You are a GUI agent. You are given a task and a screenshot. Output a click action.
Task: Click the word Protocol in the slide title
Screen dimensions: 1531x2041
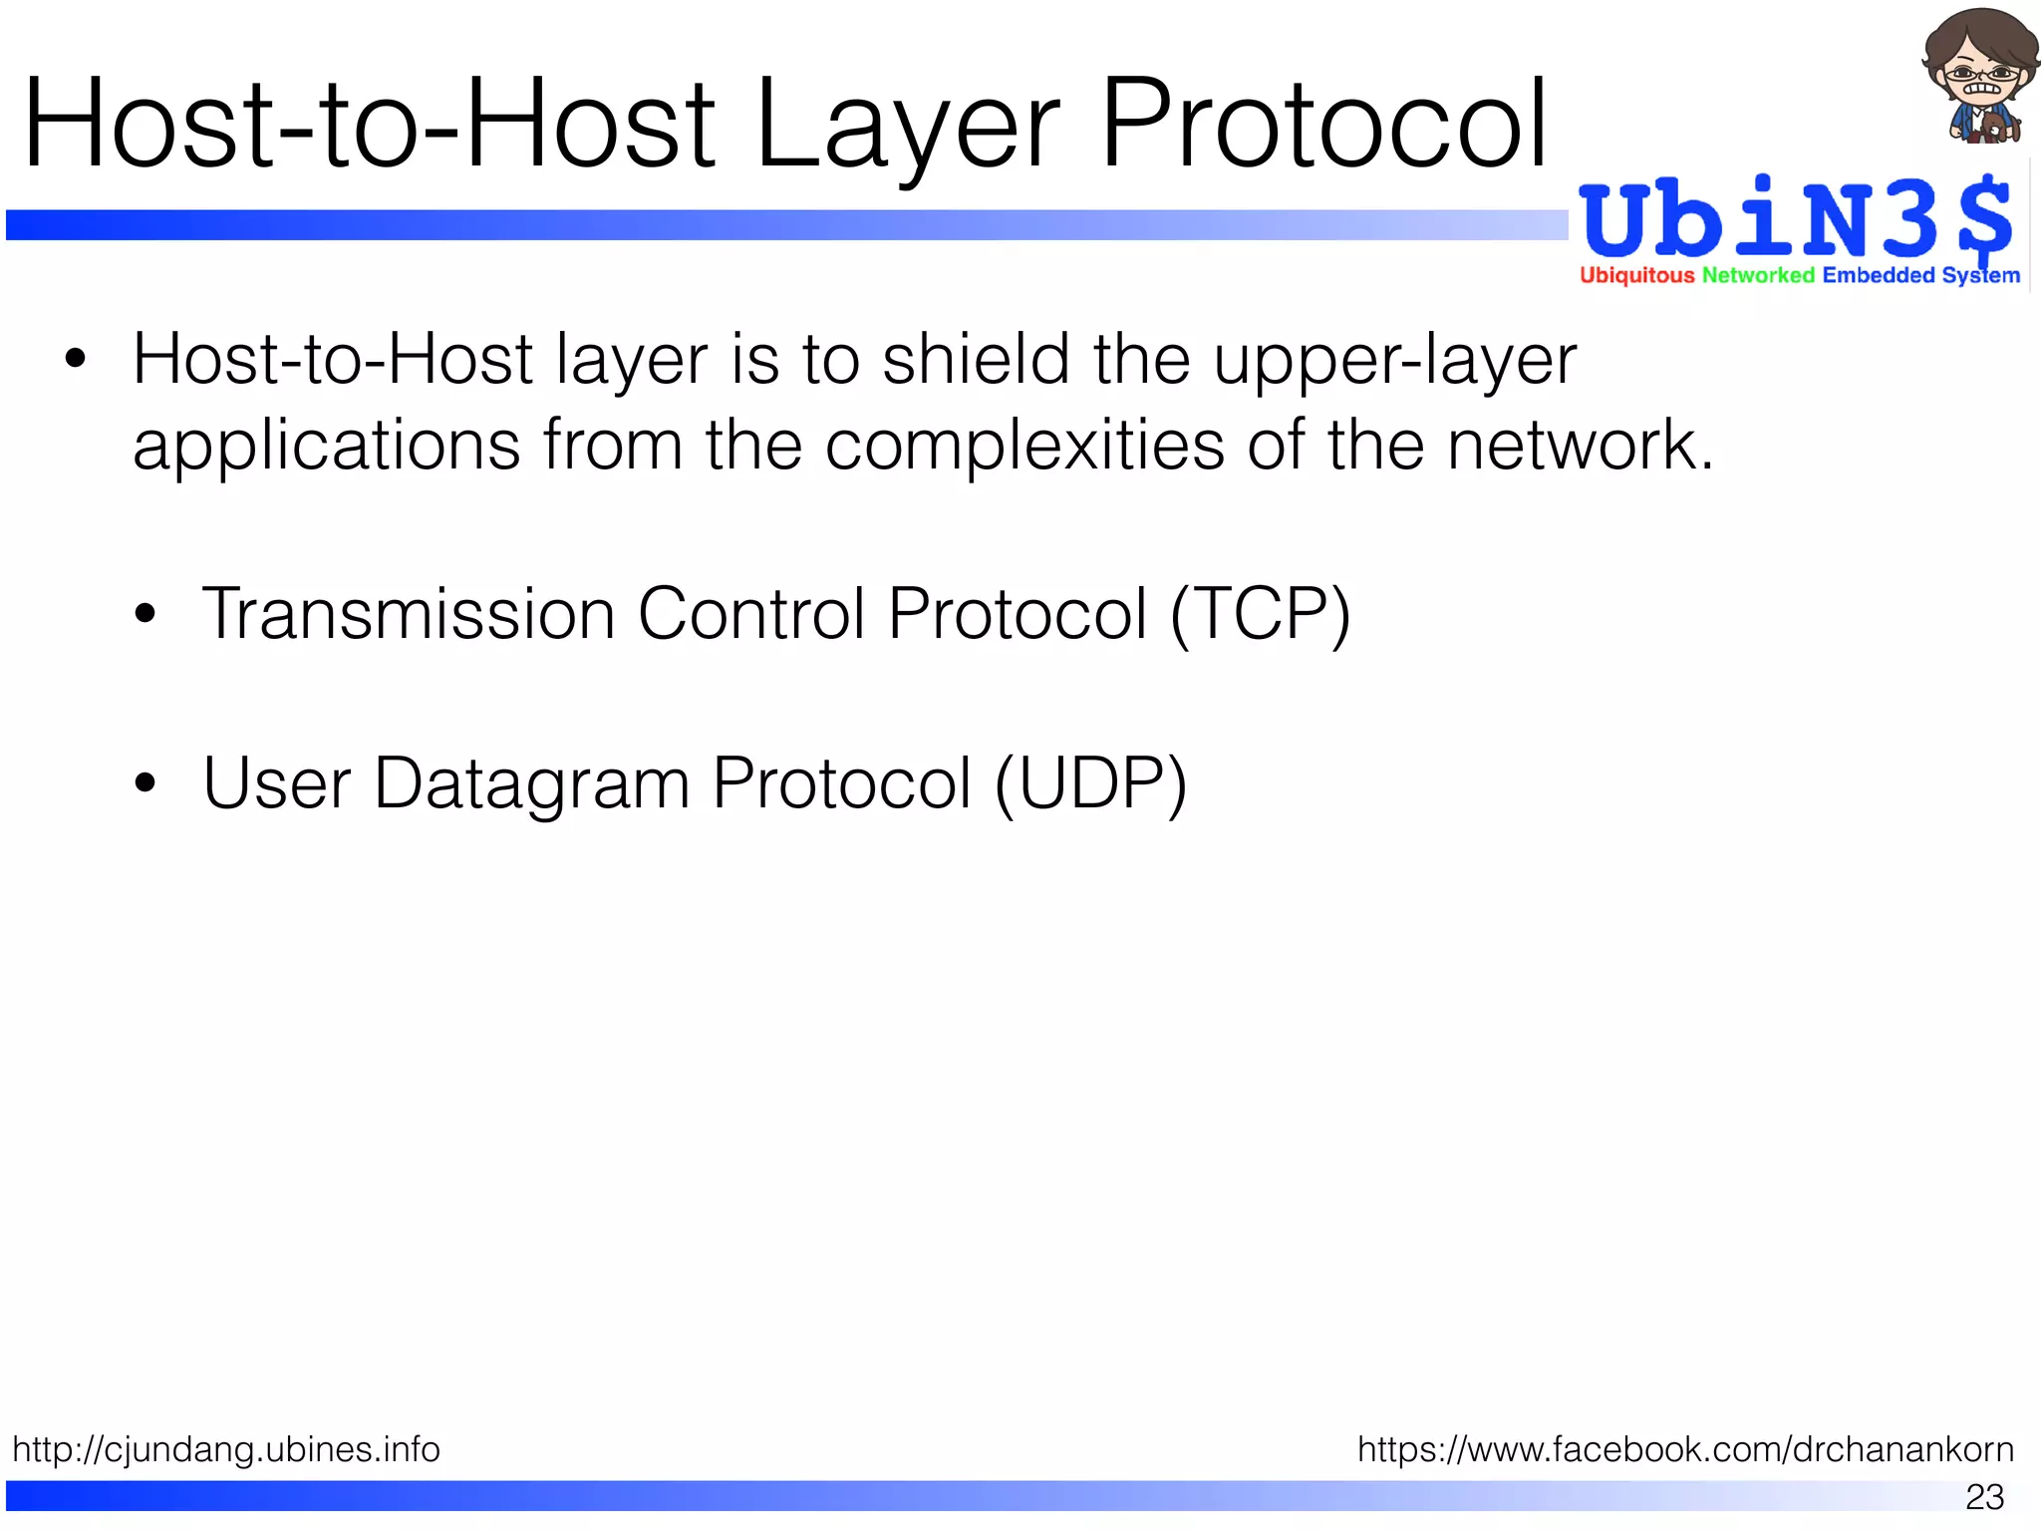1322,125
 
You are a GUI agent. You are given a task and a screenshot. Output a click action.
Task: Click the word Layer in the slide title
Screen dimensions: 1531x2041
907,125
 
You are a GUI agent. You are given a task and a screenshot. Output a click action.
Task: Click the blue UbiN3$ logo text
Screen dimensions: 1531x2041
1794,219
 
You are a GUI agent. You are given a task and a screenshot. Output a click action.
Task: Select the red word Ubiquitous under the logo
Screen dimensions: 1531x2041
1636,275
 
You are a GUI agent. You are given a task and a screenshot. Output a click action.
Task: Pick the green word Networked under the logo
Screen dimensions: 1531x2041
1758,275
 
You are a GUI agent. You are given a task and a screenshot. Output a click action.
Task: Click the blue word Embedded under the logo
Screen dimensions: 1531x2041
1878,275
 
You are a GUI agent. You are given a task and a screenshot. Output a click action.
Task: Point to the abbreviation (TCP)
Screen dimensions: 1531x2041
1260,613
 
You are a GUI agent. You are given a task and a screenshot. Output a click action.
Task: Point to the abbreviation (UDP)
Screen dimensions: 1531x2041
1090,783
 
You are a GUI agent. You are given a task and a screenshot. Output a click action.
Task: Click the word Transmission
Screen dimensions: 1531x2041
409,613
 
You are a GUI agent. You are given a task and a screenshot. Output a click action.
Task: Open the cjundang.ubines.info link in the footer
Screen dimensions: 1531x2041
226,1448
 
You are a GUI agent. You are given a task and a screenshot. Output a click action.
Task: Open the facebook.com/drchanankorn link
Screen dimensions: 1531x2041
1685,1448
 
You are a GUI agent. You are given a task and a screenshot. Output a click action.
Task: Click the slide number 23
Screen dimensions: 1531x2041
1984,1496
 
